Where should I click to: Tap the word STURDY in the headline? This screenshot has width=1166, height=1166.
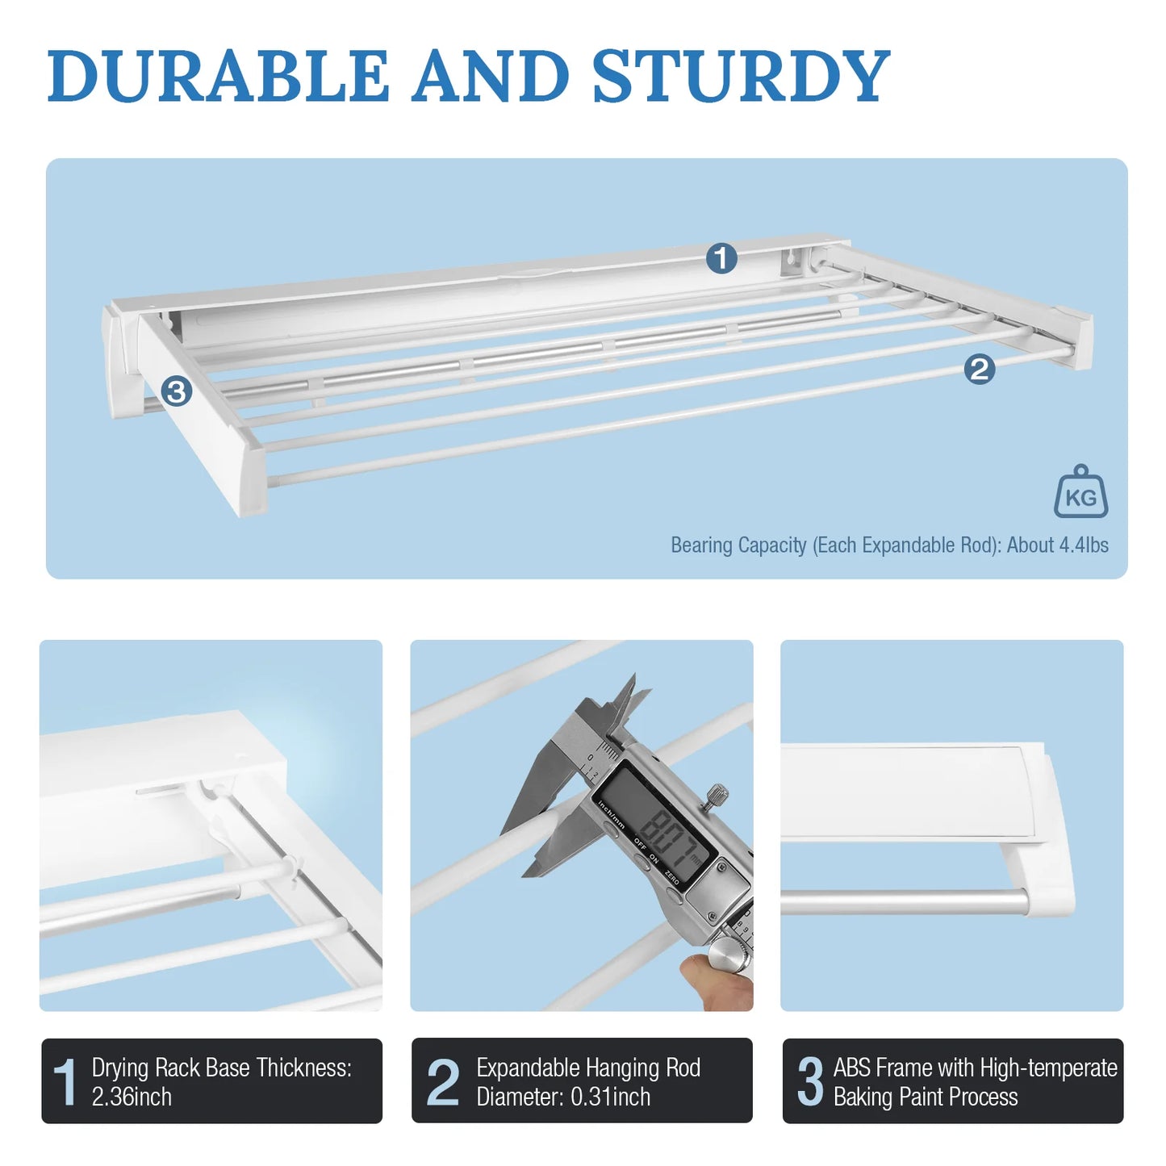tap(740, 76)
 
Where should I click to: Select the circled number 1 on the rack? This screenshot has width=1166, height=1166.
tap(721, 258)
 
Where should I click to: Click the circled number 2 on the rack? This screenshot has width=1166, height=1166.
tap(979, 370)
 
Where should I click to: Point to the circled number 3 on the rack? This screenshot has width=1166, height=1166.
tap(176, 391)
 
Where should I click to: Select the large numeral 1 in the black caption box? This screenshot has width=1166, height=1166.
tap(65, 1081)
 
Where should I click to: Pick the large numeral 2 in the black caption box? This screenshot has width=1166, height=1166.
tap(442, 1081)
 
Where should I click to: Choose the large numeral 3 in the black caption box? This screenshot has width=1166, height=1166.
tap(810, 1081)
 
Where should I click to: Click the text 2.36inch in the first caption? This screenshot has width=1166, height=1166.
tap(132, 1097)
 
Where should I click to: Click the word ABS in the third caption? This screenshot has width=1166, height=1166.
tap(852, 1068)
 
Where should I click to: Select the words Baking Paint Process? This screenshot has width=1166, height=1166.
tap(926, 1097)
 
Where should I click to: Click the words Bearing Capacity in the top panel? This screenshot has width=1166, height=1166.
tap(738, 545)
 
